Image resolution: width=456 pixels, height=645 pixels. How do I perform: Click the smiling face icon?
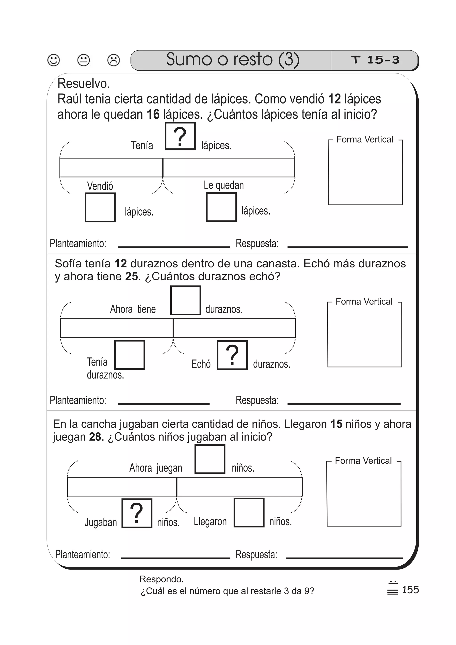click(x=54, y=60)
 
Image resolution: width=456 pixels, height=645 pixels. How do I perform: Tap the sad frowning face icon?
click(x=114, y=60)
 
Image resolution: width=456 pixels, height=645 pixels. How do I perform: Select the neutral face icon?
click(x=83, y=60)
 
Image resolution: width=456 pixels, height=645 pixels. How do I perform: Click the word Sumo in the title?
click(x=189, y=59)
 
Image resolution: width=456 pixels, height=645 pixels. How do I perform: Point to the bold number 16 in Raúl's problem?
click(x=153, y=114)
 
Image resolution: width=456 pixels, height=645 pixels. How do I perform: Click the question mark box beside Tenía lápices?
click(x=180, y=136)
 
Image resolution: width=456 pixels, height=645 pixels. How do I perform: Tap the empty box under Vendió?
click(x=100, y=207)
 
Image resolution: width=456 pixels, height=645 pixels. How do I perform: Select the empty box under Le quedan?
click(x=221, y=207)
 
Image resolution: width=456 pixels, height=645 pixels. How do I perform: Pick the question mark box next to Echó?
click(x=232, y=355)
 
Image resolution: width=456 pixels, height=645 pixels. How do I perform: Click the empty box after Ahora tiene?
click(x=185, y=300)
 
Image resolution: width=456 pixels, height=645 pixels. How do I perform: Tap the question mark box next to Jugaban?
click(x=137, y=513)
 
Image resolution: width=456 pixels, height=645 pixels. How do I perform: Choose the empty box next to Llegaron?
click(x=249, y=513)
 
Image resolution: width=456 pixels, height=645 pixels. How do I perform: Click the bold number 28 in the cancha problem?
click(x=95, y=437)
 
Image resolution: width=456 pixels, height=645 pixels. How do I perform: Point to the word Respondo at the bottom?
click(x=162, y=579)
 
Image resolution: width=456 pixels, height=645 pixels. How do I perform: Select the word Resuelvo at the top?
click(x=84, y=84)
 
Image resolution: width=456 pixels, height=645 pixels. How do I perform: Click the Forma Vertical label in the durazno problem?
click(x=364, y=302)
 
